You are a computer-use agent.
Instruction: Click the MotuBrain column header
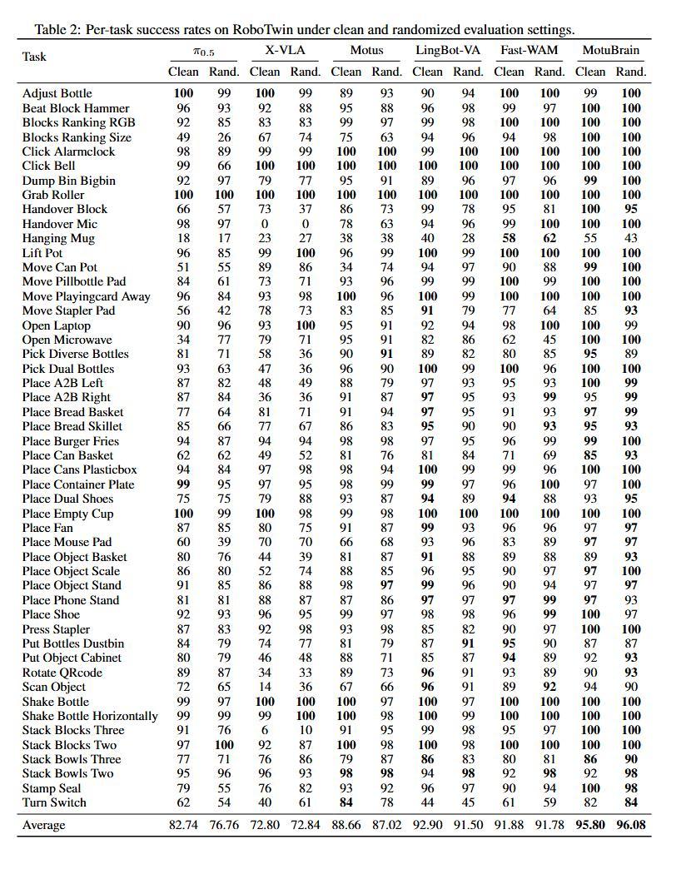click(611, 51)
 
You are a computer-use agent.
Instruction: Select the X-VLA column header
click(285, 51)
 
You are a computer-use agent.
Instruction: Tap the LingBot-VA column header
click(448, 51)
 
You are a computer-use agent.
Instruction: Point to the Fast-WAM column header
click(529, 51)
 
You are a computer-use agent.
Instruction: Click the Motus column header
click(366, 51)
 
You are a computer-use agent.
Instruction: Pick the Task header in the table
click(34, 57)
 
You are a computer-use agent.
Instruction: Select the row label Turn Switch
click(54, 802)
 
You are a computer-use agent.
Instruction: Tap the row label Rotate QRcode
click(62, 673)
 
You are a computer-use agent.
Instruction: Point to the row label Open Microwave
click(67, 340)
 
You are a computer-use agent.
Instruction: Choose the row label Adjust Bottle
click(57, 93)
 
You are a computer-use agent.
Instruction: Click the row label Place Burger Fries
click(71, 441)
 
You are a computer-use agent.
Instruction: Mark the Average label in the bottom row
click(43, 825)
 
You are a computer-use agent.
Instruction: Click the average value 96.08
click(631, 825)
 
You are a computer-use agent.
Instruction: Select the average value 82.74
click(184, 825)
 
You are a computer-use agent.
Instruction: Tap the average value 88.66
click(346, 825)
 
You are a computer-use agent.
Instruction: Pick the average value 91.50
click(468, 825)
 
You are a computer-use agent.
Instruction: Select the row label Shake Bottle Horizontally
click(90, 716)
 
